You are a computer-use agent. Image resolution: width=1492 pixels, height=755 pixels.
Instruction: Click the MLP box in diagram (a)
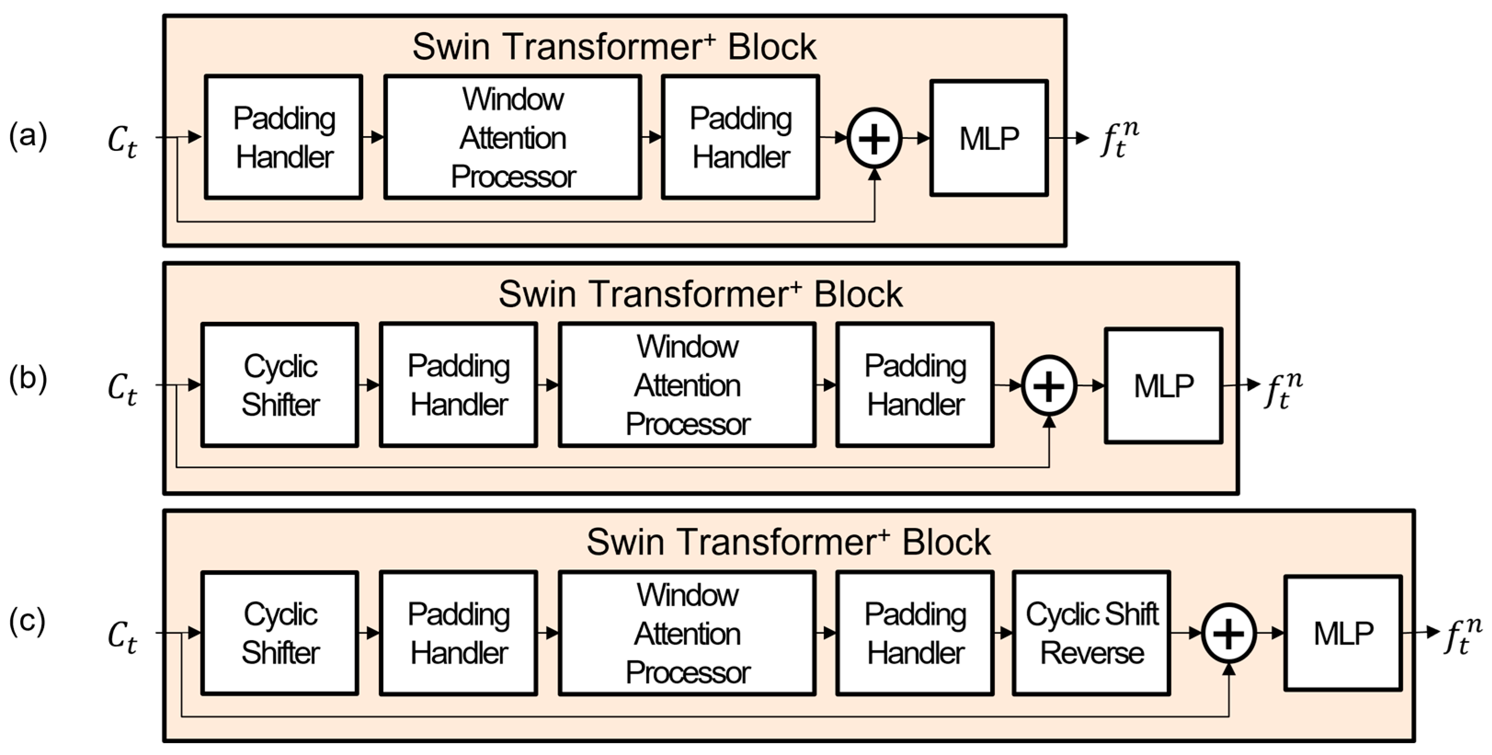pos(989,138)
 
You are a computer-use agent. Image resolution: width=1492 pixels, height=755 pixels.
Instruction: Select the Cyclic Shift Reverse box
pos(1091,633)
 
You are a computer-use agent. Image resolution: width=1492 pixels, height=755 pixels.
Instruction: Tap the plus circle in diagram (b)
pos(1049,386)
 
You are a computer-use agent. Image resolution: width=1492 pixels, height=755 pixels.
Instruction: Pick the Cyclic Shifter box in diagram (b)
pos(280,385)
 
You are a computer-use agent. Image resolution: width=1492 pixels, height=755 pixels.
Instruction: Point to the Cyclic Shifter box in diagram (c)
pos(280,633)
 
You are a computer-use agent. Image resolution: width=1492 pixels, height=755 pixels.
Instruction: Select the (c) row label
pos(27,621)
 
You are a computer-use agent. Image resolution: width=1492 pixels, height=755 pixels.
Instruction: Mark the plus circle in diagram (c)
pos(1229,633)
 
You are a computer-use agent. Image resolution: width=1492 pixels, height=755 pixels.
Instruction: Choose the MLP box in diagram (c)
pos(1343,633)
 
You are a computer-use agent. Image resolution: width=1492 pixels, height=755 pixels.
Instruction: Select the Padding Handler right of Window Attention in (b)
pos(915,385)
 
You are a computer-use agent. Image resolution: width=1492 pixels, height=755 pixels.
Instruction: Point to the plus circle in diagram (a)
pos(874,138)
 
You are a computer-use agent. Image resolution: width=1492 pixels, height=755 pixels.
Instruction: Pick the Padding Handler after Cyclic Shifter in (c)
pos(458,633)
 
